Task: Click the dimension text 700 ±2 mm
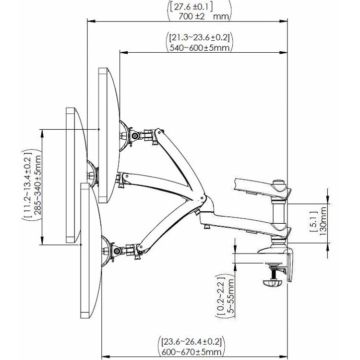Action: coord(199,17)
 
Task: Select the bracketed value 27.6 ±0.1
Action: coord(191,7)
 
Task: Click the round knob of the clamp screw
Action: coord(272,283)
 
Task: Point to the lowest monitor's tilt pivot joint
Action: coord(117,251)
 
